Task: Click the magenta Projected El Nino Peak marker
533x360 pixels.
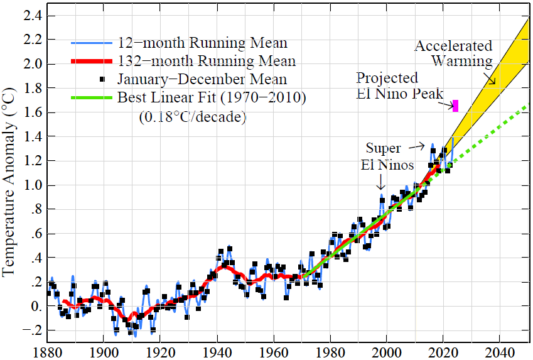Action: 456,106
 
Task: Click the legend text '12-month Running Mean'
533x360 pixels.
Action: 203,43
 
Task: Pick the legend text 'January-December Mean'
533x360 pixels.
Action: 203,79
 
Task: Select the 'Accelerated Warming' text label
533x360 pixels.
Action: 453,53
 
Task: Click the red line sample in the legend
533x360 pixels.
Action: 91,62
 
